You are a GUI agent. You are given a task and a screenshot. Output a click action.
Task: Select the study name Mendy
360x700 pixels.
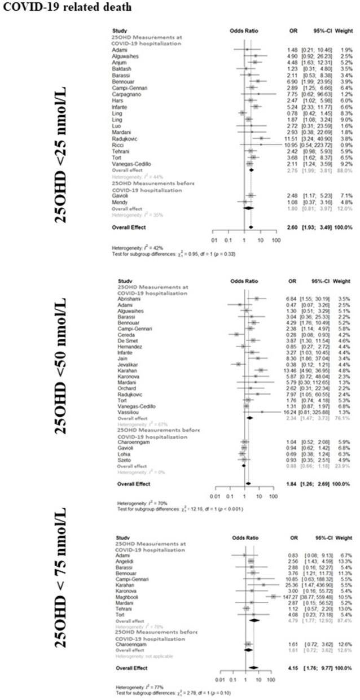(x=122, y=202)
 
